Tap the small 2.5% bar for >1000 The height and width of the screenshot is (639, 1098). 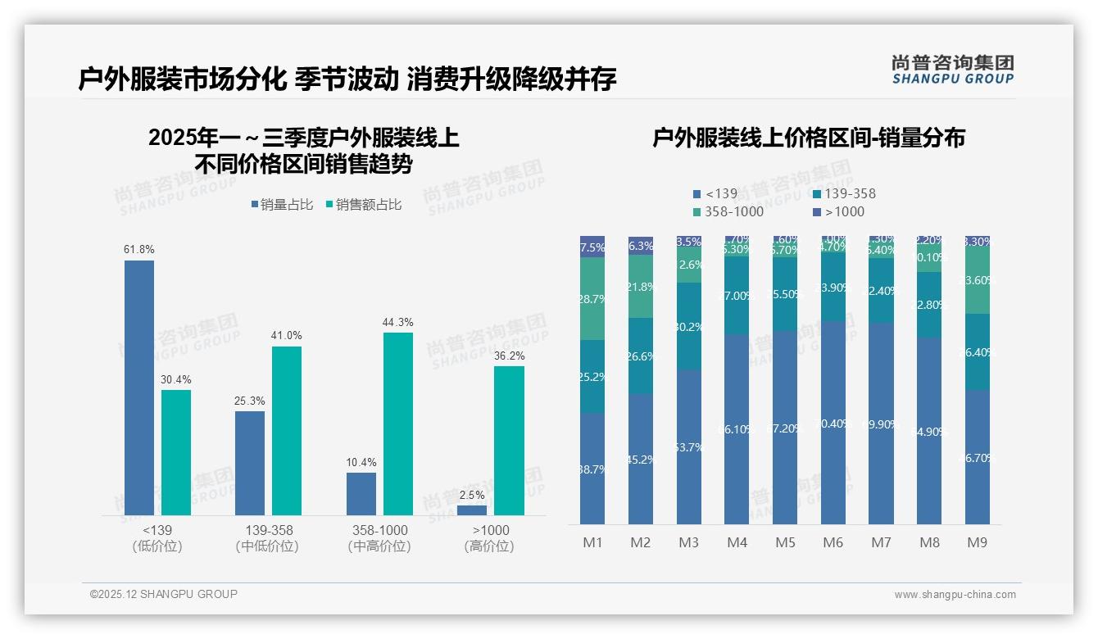472,510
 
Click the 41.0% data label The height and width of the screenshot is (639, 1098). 287,336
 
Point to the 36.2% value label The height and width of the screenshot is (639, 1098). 509,356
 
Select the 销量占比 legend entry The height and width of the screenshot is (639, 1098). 282,205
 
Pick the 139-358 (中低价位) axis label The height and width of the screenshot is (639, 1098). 266,538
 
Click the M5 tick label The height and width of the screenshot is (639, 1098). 786,542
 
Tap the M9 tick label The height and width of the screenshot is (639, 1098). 977,542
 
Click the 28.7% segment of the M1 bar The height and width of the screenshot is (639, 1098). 592,299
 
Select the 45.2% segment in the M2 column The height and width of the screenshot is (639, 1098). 641,459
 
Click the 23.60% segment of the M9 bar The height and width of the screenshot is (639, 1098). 977,280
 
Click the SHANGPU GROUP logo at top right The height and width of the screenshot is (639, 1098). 953,69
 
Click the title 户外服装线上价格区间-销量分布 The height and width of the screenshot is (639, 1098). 808,138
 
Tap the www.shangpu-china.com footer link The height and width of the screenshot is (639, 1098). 955,595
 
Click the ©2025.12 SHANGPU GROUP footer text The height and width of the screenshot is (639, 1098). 164,594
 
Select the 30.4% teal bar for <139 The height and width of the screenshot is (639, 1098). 176,452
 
